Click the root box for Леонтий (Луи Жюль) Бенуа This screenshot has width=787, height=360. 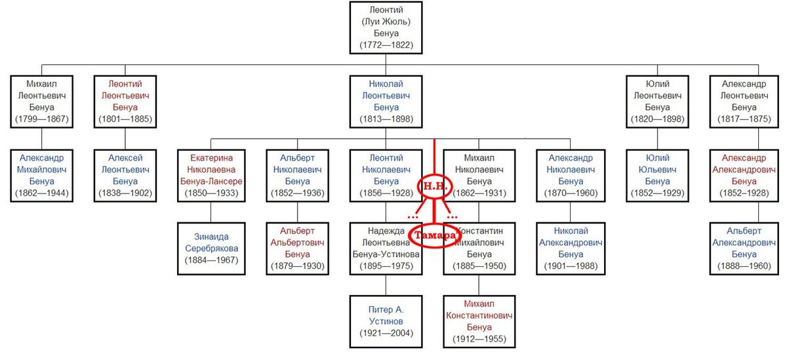point(386,28)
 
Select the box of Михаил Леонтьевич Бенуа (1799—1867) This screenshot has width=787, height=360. point(41,102)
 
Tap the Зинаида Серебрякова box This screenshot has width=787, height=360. point(211,249)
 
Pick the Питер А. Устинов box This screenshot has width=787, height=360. point(386,321)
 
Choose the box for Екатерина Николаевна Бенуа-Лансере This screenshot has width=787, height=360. point(211,176)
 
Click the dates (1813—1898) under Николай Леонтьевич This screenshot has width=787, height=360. point(386,119)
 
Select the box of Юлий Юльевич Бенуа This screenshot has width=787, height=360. point(657,176)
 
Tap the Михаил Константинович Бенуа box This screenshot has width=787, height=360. point(479,321)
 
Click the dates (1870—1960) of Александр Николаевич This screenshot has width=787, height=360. point(571,193)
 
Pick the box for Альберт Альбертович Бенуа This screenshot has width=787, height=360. point(297,249)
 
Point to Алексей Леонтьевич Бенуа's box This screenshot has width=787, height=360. point(125,176)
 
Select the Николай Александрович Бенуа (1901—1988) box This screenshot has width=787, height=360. point(571,249)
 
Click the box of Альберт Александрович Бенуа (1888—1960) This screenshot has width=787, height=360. point(744,249)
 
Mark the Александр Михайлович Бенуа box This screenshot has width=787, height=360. point(41,176)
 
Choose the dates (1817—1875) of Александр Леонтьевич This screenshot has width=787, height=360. point(744,119)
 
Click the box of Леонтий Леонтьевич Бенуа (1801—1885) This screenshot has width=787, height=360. point(125,102)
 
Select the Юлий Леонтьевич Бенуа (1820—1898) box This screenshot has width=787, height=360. point(657,102)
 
